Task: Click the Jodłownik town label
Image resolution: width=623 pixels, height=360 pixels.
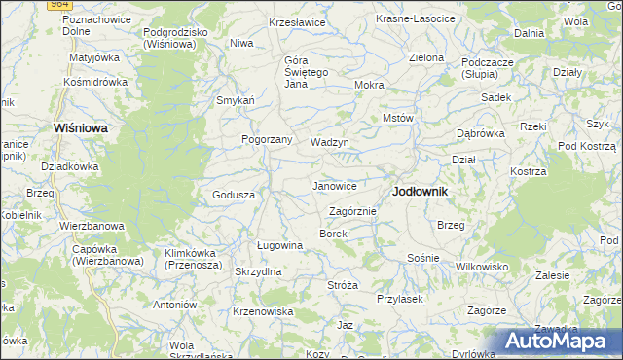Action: pos(420,192)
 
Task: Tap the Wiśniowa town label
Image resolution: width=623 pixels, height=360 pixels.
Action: pos(80,127)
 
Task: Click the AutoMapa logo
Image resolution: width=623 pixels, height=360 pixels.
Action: pos(560,341)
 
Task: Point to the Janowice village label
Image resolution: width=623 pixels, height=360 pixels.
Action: pos(334,186)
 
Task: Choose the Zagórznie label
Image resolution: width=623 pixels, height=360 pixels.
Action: pos(352,211)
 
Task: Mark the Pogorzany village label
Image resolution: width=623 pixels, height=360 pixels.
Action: pos(268,139)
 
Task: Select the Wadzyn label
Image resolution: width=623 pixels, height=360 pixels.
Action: pos(329,142)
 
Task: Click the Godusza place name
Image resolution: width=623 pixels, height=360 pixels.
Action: pos(234,195)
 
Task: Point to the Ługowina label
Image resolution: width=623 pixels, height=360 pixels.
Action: pos(280,246)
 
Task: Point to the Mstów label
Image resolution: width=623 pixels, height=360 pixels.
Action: pos(399,118)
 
